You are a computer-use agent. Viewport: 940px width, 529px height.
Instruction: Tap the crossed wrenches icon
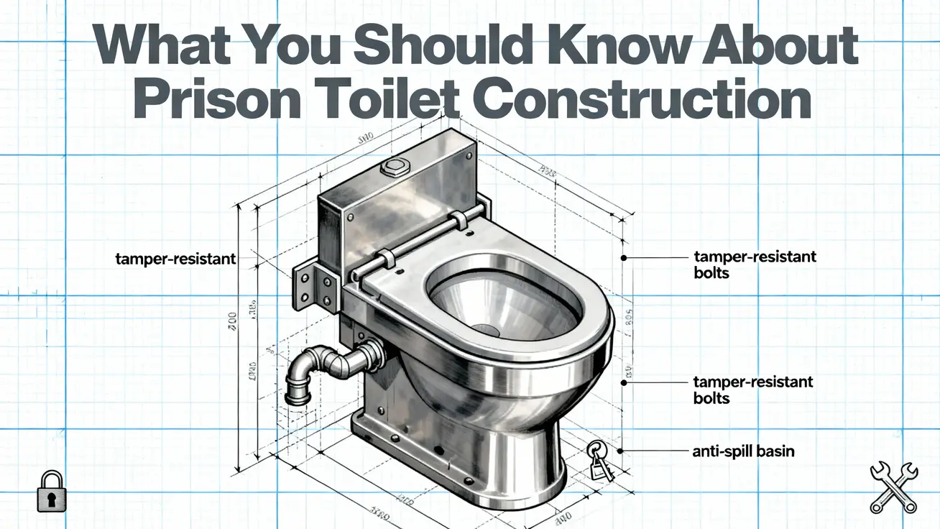893,487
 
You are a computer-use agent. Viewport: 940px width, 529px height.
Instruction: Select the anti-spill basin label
743,451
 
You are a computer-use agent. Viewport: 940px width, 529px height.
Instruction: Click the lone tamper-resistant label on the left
175,258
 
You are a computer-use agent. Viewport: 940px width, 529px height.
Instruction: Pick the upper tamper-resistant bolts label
754,264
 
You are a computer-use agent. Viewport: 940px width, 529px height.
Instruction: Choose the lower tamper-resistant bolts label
752,389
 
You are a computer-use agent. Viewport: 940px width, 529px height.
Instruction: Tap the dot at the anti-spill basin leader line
623,451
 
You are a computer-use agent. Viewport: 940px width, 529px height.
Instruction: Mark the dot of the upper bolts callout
623,257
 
